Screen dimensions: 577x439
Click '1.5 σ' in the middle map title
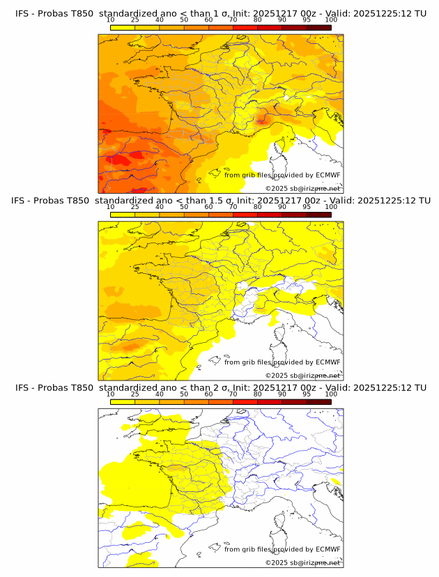coord(226,201)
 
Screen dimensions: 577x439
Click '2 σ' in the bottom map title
coord(222,387)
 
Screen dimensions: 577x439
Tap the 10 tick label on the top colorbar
coord(111,20)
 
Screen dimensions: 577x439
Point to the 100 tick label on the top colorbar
coord(331,20)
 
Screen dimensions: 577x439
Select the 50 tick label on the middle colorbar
coord(184,207)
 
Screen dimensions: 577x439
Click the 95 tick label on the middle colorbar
coord(307,207)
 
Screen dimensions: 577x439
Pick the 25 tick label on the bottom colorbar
coord(135,394)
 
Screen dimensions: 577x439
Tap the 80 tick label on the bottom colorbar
coord(258,394)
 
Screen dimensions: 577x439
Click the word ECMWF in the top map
coord(328,176)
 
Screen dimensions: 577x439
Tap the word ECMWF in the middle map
coord(328,362)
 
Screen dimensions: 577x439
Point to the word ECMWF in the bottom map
coord(328,549)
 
